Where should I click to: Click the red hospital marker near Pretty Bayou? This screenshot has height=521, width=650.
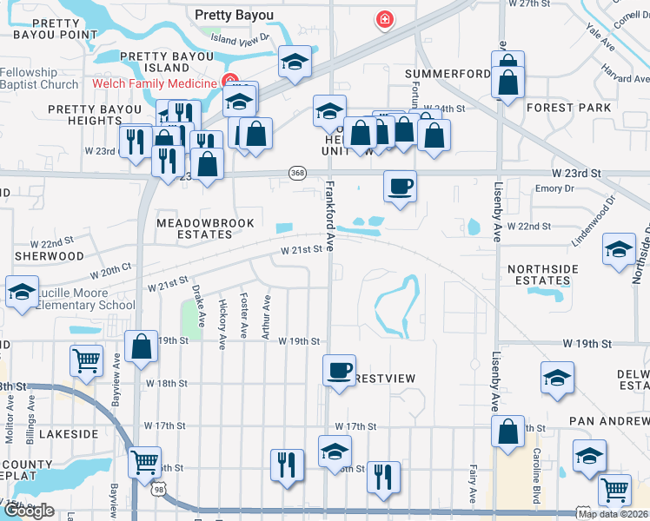[383, 19]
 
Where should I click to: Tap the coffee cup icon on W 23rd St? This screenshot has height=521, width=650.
[400, 187]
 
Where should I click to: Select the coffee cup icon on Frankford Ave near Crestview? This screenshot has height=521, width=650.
[339, 370]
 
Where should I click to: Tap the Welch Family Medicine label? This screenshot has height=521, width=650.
[154, 83]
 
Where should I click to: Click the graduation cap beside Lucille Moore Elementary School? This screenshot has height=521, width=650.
[23, 292]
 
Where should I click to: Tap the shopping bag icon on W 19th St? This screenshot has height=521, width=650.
[141, 346]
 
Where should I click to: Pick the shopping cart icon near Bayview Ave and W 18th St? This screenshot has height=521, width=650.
[86, 360]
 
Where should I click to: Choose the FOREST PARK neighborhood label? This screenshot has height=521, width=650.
[568, 108]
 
